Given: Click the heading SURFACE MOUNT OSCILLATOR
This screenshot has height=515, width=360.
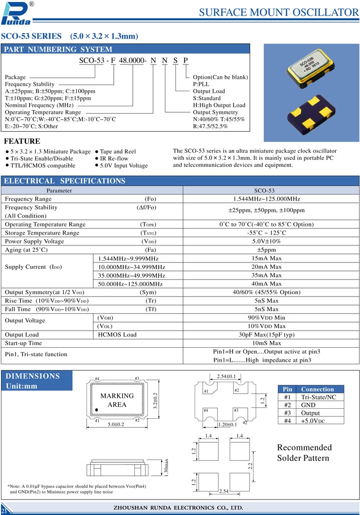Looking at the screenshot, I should point(279,13).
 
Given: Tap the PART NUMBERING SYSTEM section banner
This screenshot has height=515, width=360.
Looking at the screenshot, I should point(59,49).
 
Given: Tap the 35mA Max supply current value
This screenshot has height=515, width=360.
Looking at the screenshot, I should point(267,275).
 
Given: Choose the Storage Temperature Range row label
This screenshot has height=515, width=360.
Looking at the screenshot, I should point(42,233).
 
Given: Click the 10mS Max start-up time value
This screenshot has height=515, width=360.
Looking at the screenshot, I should point(267,343).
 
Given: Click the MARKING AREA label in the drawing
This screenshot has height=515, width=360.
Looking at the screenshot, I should point(117,400).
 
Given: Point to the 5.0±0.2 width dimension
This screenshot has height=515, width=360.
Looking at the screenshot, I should point(116,425).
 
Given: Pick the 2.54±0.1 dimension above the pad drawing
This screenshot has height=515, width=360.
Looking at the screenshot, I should point(226,376).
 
